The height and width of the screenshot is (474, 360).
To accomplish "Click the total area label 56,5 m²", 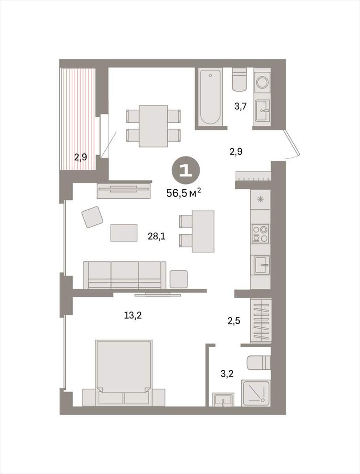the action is (184, 193).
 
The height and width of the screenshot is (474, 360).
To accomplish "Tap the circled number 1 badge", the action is (186, 171).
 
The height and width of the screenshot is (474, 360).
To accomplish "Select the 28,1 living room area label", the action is (157, 236).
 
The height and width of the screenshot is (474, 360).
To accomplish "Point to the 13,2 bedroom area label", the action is (133, 315).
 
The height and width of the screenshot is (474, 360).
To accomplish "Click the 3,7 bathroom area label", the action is (241, 106).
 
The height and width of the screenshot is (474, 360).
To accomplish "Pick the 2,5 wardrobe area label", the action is (234, 320).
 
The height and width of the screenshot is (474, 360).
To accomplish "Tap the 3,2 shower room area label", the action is (227, 374).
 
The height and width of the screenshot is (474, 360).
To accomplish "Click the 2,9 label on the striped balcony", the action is (81, 157).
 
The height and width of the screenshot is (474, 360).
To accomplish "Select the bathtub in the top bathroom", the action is (211, 96).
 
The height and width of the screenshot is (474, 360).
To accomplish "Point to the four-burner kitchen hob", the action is (261, 234).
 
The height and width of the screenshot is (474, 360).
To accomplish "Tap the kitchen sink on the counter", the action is (262, 265).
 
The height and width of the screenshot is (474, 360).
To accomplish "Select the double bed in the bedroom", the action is (124, 373).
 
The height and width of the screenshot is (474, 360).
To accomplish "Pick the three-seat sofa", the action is (125, 275).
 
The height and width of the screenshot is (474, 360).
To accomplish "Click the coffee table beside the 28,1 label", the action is (124, 232).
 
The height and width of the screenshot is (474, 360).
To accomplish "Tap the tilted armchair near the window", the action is (93, 217).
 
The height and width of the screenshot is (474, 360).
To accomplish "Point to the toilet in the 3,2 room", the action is (259, 363).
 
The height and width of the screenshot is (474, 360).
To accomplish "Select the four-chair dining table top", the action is (153, 126).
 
